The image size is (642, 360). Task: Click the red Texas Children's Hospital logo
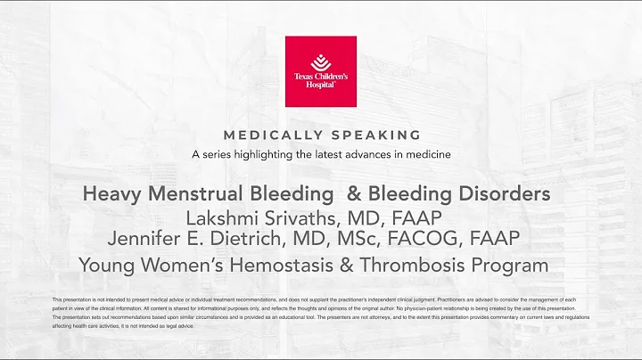pyautogui.click(x=320, y=71)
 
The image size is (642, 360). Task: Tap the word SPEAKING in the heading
pyautogui.click(x=373, y=135)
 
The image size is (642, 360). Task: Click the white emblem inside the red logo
pyautogui.click(x=320, y=61)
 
